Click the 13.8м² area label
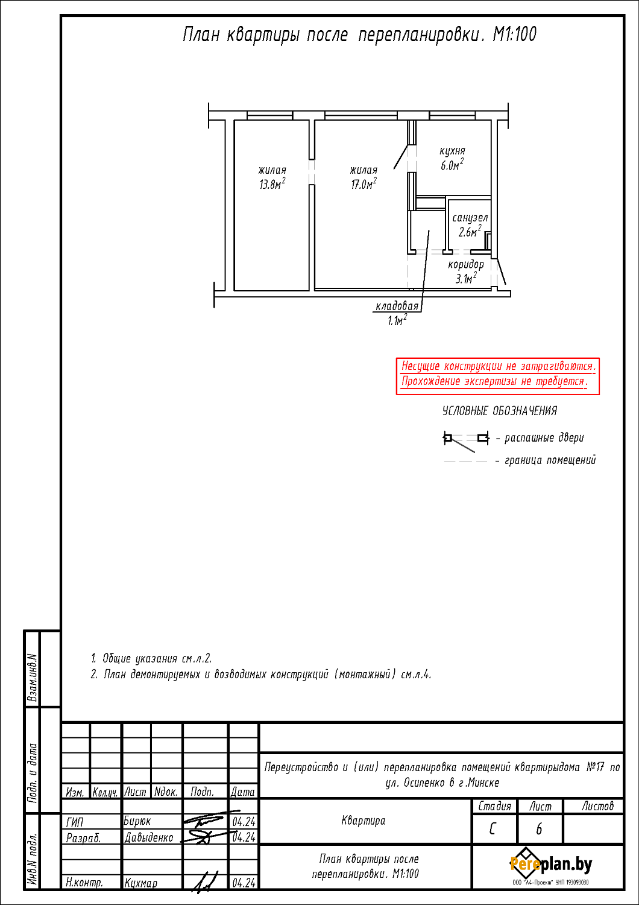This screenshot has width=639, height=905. coord(272,184)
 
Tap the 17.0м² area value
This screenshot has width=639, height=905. coord(364,184)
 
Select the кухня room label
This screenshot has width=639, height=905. coord(452,151)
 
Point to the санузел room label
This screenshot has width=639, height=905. coord(470,218)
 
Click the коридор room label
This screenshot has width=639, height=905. coord(466,265)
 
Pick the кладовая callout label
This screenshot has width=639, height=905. coord(397,306)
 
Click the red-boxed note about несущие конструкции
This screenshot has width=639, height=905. coord(498,376)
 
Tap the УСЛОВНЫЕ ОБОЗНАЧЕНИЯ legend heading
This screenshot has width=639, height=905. coord(500,411)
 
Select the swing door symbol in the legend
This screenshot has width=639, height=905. coord(466,440)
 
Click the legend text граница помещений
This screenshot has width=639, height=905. coord(550,460)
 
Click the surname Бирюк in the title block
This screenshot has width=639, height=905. coord(137,821)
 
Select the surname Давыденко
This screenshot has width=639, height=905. coord(149,837)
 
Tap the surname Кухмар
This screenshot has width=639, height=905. coord(141,883)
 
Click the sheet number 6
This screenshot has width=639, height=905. coord(539,829)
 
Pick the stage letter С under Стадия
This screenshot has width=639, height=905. coord(493,829)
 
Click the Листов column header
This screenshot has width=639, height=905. coord(597,806)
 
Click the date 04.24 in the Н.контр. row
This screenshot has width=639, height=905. coord(244,883)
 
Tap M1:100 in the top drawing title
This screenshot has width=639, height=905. coord(515,34)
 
